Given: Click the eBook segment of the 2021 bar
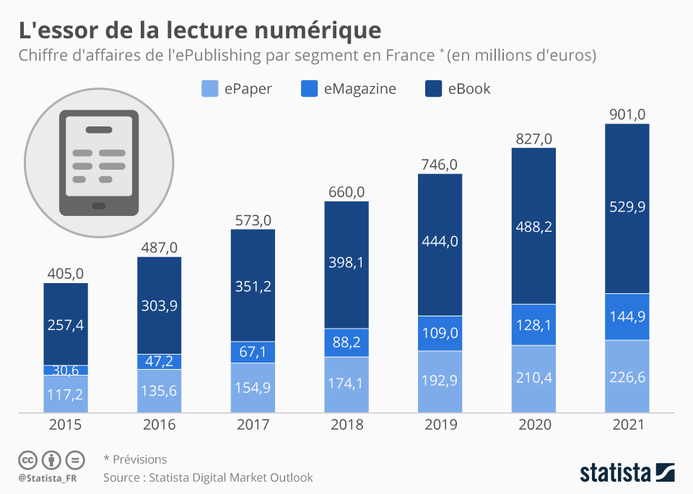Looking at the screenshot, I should [627, 208].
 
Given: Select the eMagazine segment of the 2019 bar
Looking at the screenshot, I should [440, 333].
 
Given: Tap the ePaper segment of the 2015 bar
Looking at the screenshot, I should [66, 394].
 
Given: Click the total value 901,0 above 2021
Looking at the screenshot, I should [627, 113].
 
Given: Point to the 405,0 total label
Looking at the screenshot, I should [66, 273].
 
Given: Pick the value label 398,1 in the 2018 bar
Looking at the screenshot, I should [346, 262].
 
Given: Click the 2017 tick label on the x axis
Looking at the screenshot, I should [253, 425].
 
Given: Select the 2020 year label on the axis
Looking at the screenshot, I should [533, 425].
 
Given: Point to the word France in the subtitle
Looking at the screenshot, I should [405, 56].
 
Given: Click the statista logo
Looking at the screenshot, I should [627, 473].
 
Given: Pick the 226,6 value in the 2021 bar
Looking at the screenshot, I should [627, 376].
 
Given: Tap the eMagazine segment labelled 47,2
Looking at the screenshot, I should [159, 361].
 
